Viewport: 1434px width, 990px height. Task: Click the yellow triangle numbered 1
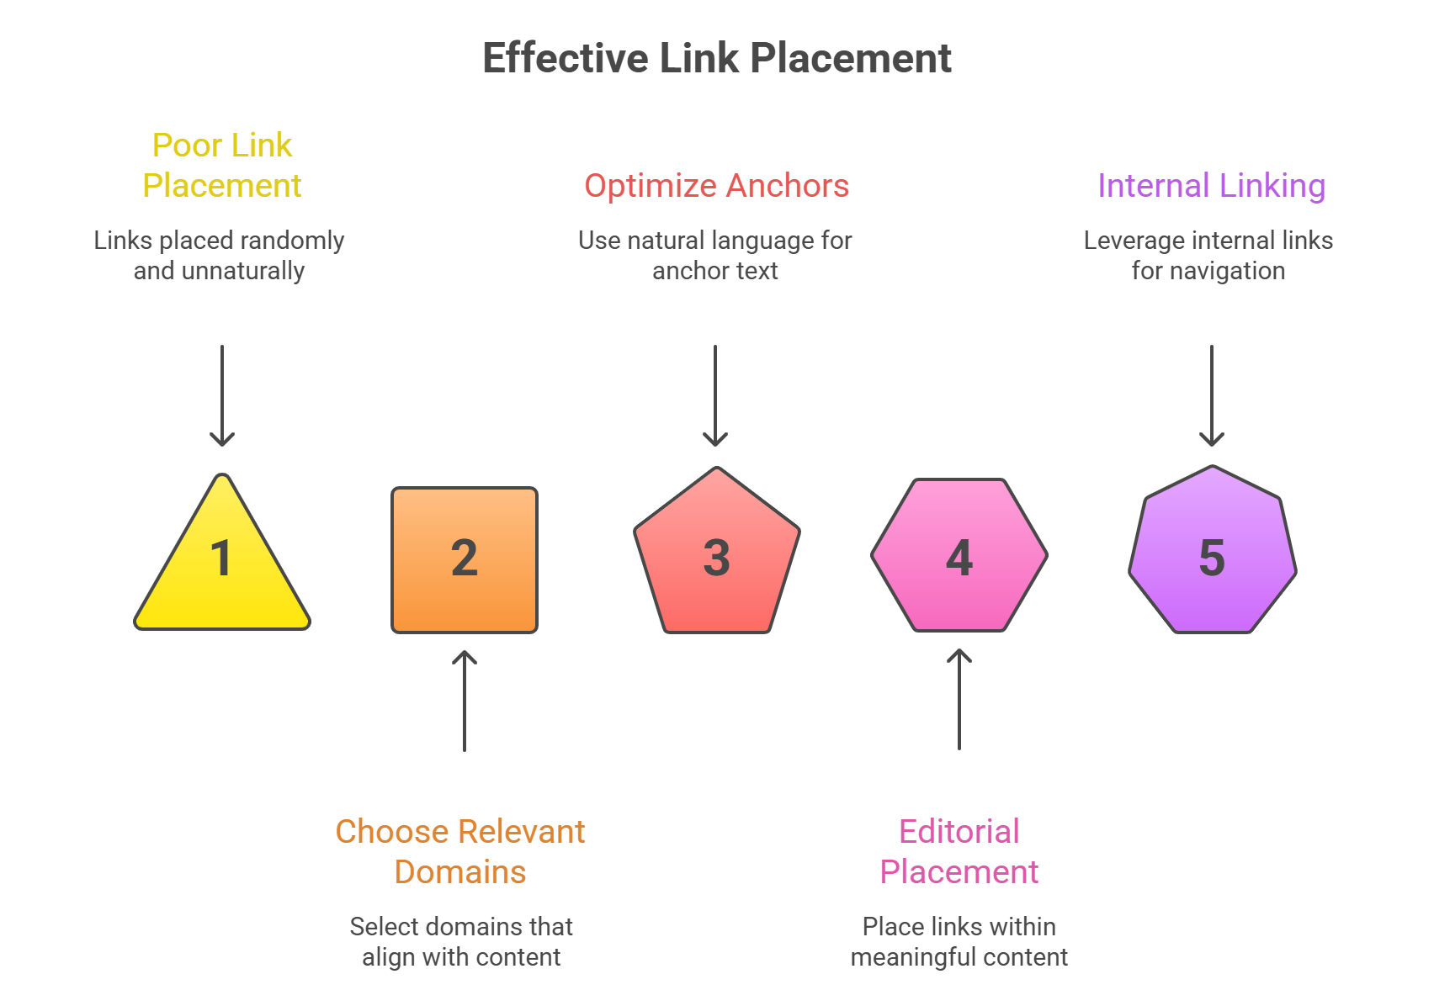[222, 572]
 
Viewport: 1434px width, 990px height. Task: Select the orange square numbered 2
[465, 560]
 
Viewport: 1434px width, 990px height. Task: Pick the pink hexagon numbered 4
[959, 556]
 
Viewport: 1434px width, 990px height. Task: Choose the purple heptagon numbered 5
[1212, 555]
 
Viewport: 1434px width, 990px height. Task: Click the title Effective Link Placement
[716, 59]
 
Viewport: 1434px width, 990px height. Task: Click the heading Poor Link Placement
[222, 166]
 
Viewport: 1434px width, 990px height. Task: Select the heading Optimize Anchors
[716, 186]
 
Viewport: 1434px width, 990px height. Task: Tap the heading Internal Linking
[1211, 186]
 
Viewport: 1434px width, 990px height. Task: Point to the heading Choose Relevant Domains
[460, 851]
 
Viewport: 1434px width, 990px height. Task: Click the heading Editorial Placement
[959, 851]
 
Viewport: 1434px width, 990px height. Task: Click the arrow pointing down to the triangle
[222, 395]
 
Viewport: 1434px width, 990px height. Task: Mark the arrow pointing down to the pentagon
[715, 395]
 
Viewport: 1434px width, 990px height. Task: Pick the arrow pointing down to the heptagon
[1212, 395]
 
